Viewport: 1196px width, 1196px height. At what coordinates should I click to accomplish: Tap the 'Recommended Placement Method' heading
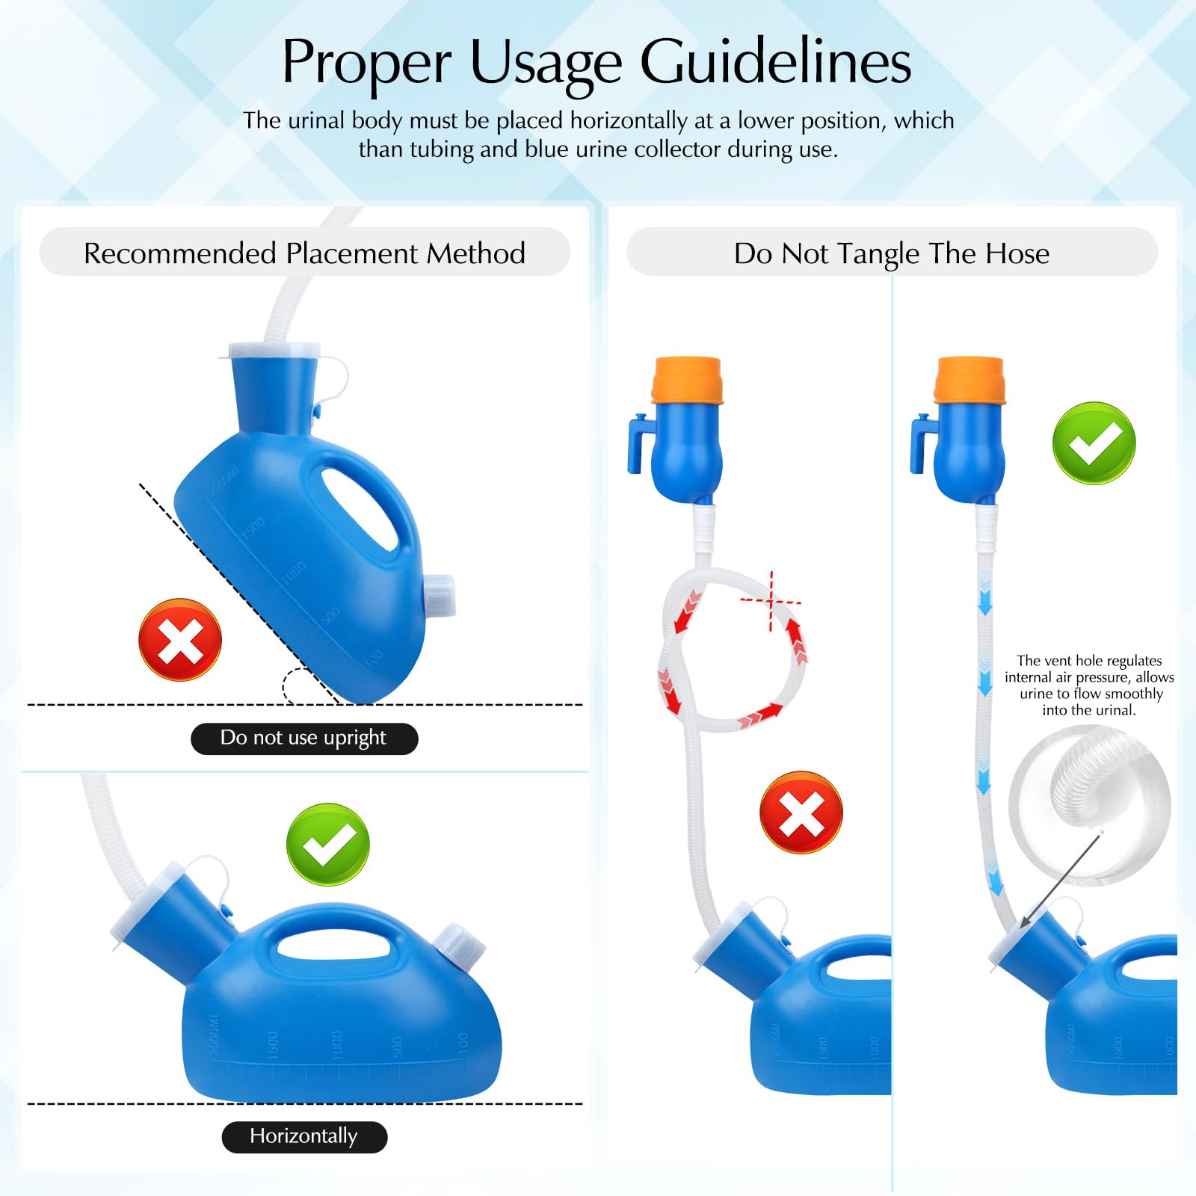[x=304, y=253]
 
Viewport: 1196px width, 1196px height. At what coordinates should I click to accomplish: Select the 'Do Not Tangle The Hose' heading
[x=891, y=253]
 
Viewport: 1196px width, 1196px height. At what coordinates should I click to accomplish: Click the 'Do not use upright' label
[x=303, y=738]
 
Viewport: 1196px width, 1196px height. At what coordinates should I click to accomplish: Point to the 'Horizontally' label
[x=303, y=1136]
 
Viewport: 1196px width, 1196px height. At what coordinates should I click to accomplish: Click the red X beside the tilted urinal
[x=180, y=640]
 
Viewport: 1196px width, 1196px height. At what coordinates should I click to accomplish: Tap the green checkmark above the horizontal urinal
[x=327, y=845]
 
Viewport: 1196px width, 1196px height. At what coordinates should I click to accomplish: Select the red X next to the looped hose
[x=801, y=813]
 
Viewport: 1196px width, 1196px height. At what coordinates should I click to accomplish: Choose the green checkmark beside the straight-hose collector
[x=1094, y=443]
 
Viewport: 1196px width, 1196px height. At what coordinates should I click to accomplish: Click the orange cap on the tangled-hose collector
[x=687, y=380]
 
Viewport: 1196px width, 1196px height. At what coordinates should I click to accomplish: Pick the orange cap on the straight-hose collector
[x=970, y=380]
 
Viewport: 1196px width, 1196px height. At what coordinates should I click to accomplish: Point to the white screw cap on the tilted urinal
[x=440, y=596]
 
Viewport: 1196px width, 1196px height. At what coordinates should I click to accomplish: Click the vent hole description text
[x=1089, y=685]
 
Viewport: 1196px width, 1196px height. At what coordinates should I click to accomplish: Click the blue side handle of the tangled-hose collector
[x=638, y=446]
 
